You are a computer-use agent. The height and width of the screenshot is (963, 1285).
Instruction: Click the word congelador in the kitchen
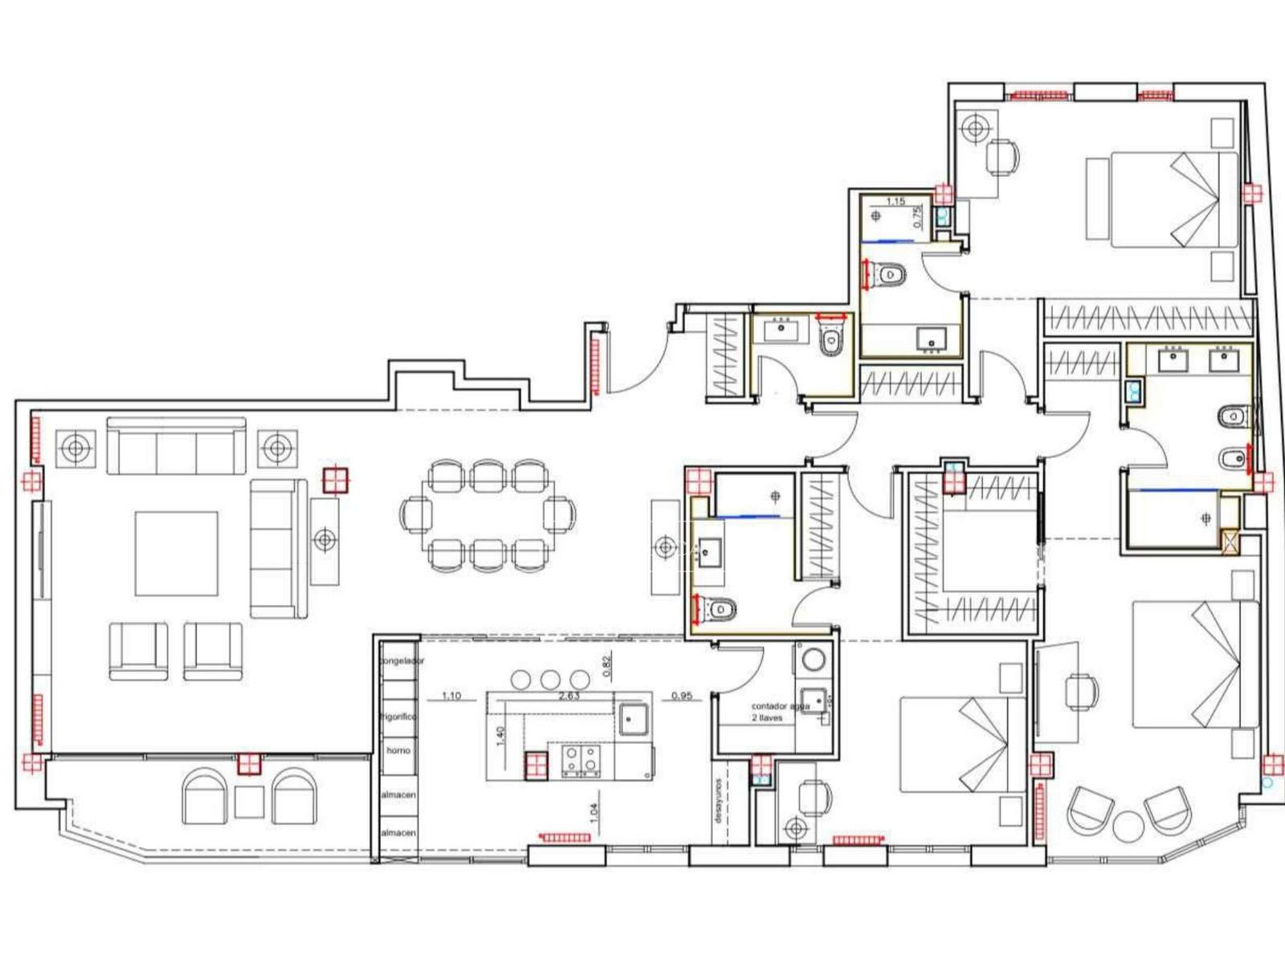point(402,660)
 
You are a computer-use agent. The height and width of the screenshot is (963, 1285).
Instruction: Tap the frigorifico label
point(399,716)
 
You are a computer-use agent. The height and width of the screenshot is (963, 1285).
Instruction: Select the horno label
point(398,750)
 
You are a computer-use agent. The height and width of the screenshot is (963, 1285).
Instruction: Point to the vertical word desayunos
point(718,800)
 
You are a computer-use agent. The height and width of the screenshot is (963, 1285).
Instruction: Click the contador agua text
point(779,706)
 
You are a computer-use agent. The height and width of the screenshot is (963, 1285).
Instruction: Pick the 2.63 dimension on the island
point(569,696)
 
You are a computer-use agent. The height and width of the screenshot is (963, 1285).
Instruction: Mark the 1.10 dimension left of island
point(451,696)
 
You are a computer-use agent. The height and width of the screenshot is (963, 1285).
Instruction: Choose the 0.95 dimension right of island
point(681,696)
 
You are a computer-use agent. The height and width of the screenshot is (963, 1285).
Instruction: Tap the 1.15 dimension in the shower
point(895,201)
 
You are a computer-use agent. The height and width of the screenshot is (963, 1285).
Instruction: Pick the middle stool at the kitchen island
point(550,680)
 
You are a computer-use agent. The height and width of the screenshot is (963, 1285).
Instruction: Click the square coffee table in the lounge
point(176,553)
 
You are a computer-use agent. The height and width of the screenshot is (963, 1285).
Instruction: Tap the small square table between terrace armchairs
point(249,801)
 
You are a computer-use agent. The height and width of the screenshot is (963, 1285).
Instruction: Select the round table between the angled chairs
point(1128,827)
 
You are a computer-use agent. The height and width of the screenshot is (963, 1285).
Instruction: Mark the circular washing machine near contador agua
point(814,660)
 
